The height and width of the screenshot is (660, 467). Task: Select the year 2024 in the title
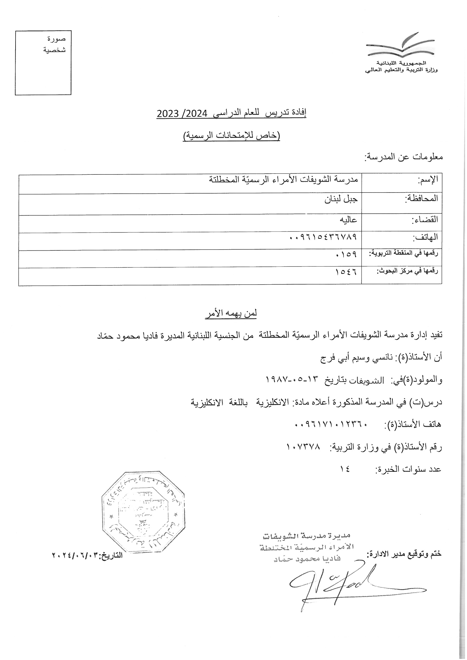click(197, 114)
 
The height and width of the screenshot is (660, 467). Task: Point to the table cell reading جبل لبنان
click(341, 199)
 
